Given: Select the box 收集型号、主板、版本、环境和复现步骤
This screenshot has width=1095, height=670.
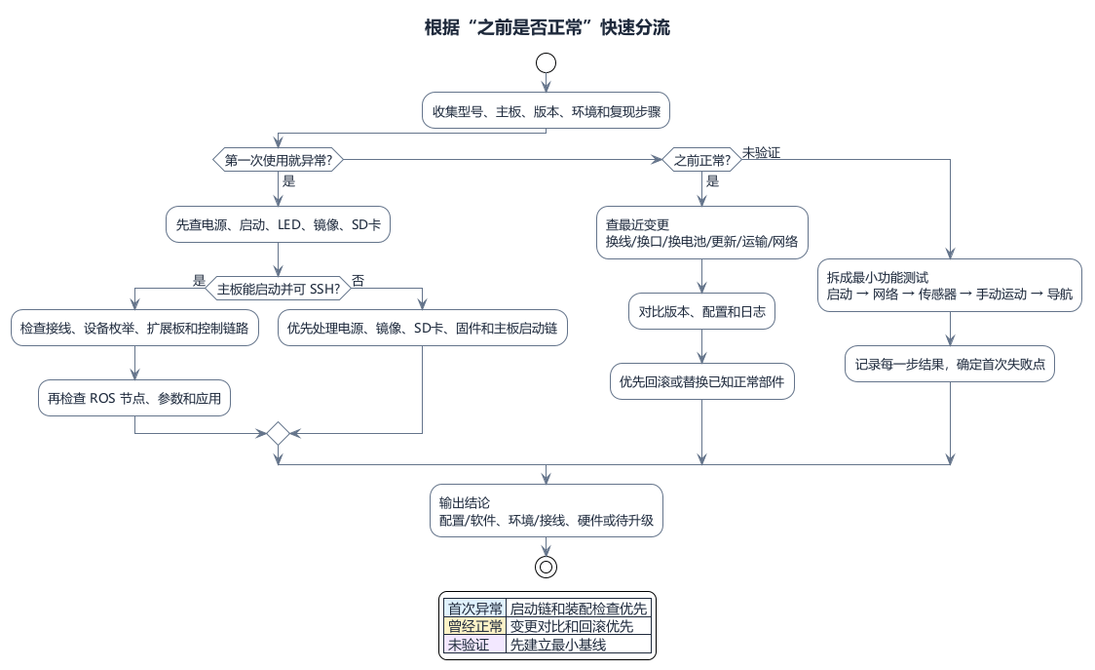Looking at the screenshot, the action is coord(547,110).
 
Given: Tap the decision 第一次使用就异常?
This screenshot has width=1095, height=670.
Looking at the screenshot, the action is coord(278,160).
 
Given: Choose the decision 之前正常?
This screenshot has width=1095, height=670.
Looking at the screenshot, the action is coord(701,160).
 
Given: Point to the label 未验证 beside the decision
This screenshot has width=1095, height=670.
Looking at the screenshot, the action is coord(761,152).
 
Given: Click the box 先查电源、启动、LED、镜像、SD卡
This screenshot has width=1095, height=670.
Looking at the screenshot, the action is coord(278,224).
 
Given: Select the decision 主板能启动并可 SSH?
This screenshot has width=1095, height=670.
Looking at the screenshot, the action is coord(278,288).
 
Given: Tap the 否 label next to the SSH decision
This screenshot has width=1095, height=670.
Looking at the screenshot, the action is coord(359,281).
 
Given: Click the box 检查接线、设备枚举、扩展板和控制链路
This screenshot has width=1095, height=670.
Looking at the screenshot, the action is coord(134,328).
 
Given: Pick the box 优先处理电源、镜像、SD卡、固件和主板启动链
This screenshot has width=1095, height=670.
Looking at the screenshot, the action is coord(423,328).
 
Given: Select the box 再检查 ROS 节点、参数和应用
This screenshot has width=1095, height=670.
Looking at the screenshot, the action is coord(134,398).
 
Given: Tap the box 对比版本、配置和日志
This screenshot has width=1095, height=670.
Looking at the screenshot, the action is coord(701,311).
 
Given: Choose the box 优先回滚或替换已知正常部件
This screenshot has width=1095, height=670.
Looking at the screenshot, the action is coord(701,381).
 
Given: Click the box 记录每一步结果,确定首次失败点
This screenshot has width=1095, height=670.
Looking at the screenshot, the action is coord(950,364).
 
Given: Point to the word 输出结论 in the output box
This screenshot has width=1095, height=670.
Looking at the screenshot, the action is coord(465,503).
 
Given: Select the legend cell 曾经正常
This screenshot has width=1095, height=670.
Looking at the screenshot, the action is coord(474,626).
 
